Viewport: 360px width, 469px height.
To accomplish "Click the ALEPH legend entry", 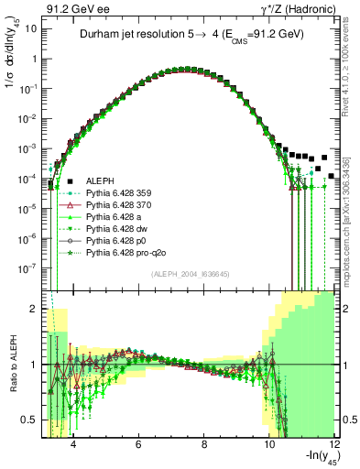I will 100,180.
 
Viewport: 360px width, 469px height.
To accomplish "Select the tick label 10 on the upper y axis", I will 31,27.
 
